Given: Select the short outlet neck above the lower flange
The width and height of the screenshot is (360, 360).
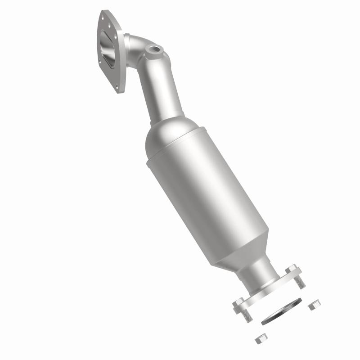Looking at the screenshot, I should click(263, 274).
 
